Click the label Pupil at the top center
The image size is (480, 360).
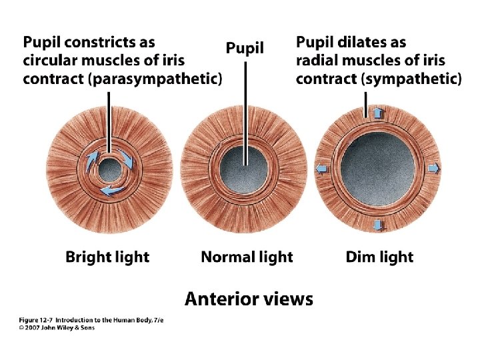tap(245, 48)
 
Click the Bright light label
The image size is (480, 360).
tap(107, 257)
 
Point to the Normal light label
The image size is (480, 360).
tap(247, 257)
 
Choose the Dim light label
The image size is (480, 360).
tap(379, 257)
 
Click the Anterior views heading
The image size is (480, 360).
tap(249, 299)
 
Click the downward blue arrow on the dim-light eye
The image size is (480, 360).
tap(378, 225)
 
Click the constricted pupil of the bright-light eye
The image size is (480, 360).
tap(109, 172)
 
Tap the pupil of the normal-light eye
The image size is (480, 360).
tap(244, 165)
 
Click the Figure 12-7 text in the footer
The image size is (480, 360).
tap(35, 320)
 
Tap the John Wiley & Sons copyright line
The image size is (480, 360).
tap(57, 328)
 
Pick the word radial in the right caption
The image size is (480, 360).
tap(316, 61)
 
